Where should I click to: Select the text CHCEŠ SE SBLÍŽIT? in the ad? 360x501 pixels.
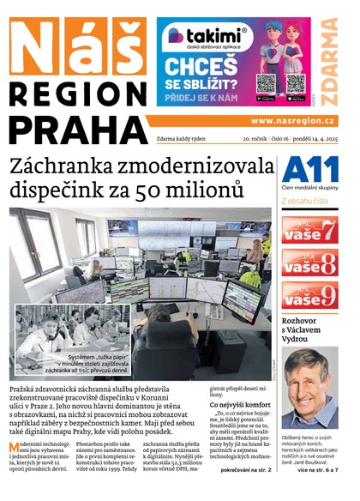click(x=200, y=75)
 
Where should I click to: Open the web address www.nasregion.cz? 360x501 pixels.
click(x=292, y=121)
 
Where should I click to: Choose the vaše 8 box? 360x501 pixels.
click(x=309, y=265)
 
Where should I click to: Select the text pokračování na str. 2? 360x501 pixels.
click(x=244, y=470)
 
